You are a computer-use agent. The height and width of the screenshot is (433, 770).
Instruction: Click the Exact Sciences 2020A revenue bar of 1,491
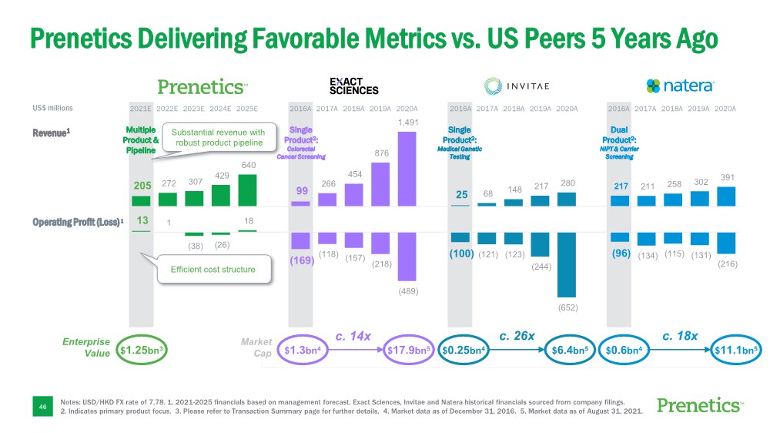coord(407,168)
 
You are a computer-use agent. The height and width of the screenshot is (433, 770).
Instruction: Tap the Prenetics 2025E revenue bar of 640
coord(248,190)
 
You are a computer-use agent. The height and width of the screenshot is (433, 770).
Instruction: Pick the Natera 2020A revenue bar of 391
coord(726,196)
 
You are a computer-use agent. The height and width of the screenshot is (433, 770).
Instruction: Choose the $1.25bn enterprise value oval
coord(142,351)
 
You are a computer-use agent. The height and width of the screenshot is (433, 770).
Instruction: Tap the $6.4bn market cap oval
coord(569,351)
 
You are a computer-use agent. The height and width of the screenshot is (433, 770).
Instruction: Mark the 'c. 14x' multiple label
coord(353,336)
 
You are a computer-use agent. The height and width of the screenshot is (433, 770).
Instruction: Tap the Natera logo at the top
coord(681,85)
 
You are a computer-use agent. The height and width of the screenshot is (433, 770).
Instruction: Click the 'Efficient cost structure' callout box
coord(213,270)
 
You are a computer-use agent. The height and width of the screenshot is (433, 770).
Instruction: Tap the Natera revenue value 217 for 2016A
coord(621,186)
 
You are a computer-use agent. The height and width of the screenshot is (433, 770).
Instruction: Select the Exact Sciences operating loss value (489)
coord(407,292)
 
